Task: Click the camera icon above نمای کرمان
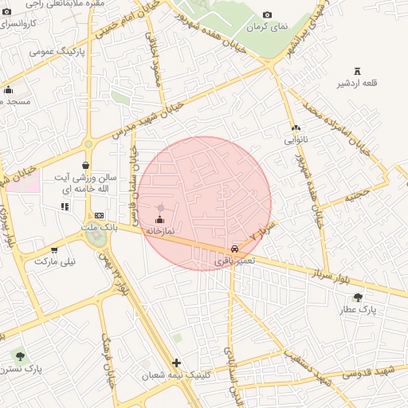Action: [x=266, y=14]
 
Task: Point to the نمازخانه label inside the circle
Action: [x=159, y=230]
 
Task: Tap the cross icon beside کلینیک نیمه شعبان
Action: [x=176, y=363]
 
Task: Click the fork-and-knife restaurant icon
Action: [x=65, y=207]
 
